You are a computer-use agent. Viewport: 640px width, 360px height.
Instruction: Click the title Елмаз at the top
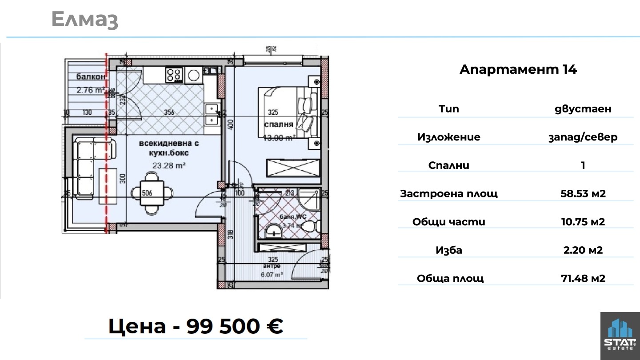(84, 20)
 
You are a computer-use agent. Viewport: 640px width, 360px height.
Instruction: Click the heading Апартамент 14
(518, 70)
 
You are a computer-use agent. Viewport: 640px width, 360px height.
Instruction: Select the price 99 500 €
(234, 326)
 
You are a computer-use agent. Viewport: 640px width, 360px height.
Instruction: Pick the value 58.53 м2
(583, 194)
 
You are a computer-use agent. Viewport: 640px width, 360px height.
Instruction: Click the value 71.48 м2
(583, 279)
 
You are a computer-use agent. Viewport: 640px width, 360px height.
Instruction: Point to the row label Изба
(449, 250)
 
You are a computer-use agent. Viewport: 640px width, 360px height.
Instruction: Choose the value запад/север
(583, 137)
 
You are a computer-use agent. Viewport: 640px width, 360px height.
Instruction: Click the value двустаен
(583, 109)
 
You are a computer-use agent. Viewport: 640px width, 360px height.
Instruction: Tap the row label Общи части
(449, 222)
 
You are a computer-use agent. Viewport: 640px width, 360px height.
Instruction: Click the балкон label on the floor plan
(91, 76)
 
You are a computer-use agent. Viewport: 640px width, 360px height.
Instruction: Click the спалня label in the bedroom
(279, 124)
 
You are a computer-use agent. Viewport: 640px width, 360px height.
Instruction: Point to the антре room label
(272, 266)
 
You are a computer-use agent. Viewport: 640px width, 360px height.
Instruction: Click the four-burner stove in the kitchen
(174, 74)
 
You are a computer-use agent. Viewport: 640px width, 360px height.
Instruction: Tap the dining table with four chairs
(152, 193)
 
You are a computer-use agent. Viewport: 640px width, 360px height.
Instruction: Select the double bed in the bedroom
(288, 112)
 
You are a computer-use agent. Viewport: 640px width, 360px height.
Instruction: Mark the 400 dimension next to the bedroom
(230, 125)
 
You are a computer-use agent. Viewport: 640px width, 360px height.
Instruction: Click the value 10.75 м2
(583, 222)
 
